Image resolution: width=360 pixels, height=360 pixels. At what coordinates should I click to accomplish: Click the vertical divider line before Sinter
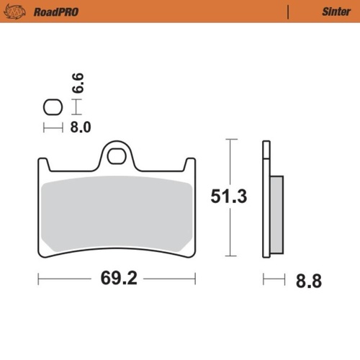click(x=289, y=11)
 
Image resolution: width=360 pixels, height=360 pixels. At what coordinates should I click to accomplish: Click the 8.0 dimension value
click(x=79, y=128)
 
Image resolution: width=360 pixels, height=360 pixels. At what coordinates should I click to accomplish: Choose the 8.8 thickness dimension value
click(x=307, y=279)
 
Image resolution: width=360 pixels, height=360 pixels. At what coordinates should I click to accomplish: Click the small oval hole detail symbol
click(x=53, y=109)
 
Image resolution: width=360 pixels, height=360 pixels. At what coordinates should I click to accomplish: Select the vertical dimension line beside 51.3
click(x=229, y=197)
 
